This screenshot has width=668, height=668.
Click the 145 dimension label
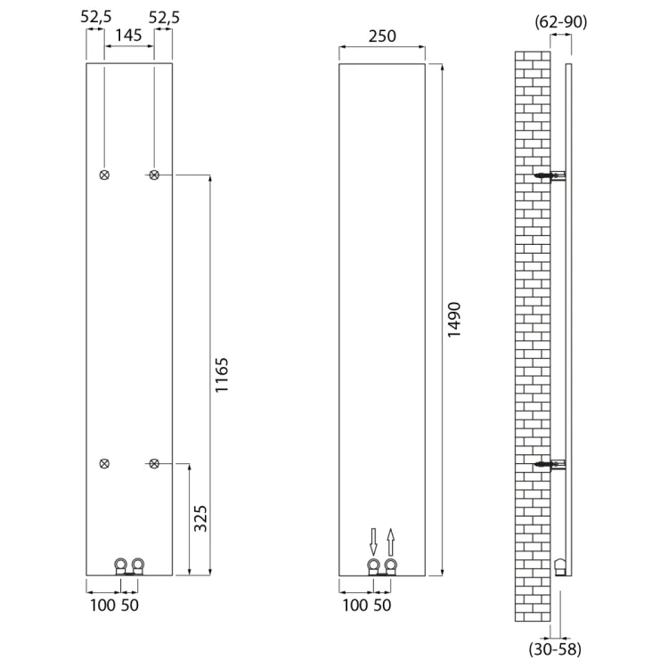tap(128, 36)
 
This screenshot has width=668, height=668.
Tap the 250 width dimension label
tap(382, 37)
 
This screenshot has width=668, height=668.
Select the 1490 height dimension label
tap(454, 320)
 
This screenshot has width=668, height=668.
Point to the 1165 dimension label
tap(222, 375)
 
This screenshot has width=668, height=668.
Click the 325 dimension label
tap(200, 518)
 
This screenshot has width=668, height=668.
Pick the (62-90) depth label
tap(560, 21)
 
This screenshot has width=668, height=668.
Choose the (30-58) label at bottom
tap(555, 649)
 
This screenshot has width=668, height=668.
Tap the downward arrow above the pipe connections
tap(373, 542)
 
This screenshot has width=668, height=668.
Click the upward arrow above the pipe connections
tap(391, 542)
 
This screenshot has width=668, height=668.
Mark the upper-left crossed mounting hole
tap(104, 175)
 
